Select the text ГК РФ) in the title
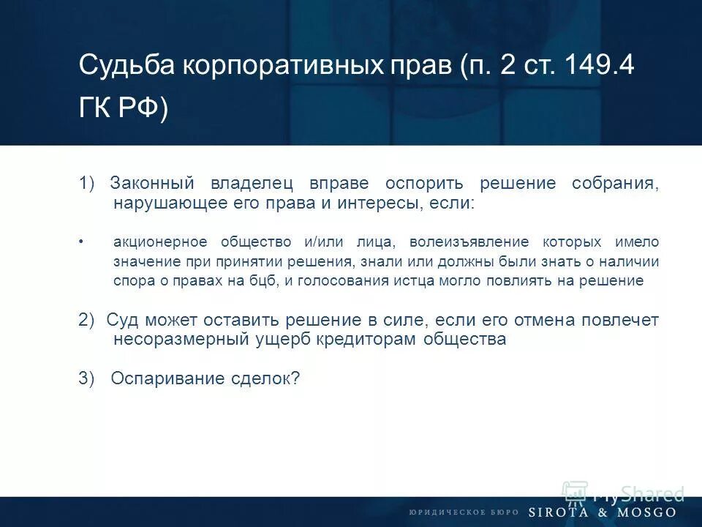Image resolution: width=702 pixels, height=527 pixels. point(124,109)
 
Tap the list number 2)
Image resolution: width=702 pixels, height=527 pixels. point(87,320)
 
